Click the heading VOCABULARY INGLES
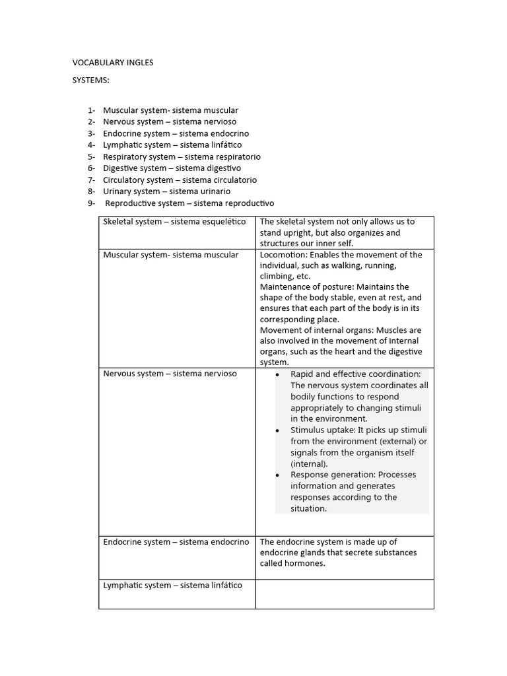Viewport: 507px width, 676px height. (112, 63)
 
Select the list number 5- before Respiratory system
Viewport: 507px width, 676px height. (91, 156)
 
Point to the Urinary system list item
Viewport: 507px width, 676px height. (166, 191)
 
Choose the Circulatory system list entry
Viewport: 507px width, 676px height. (180, 180)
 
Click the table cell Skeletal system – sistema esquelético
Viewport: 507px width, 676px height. (174, 222)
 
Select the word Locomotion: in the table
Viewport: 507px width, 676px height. (283, 255)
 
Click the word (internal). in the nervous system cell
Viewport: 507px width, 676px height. (309, 464)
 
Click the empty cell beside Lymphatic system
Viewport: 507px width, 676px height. (344, 593)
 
